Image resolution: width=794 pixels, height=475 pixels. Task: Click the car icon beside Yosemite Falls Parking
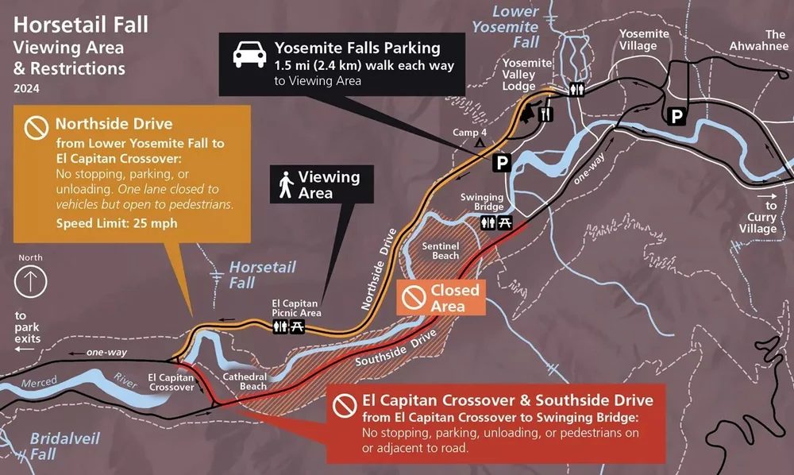(x=249, y=56)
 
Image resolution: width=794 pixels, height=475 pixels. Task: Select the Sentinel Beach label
(x=440, y=250)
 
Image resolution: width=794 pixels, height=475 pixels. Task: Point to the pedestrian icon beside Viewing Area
(x=284, y=186)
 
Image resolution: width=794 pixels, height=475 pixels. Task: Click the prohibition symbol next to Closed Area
(x=413, y=297)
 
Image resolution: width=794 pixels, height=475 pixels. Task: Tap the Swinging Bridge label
(x=482, y=203)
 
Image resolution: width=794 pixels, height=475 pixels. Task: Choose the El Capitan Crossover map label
(x=172, y=382)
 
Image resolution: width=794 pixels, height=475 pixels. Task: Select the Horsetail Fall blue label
(x=252, y=275)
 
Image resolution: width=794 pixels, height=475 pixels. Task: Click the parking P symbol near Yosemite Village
(x=676, y=117)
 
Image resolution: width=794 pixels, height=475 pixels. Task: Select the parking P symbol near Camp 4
(x=502, y=163)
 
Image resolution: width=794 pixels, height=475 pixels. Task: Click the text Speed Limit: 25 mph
(x=116, y=223)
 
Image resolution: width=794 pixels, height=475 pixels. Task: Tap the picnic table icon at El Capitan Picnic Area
(x=297, y=327)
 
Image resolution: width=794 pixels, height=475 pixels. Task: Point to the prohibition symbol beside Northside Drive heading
(x=36, y=126)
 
